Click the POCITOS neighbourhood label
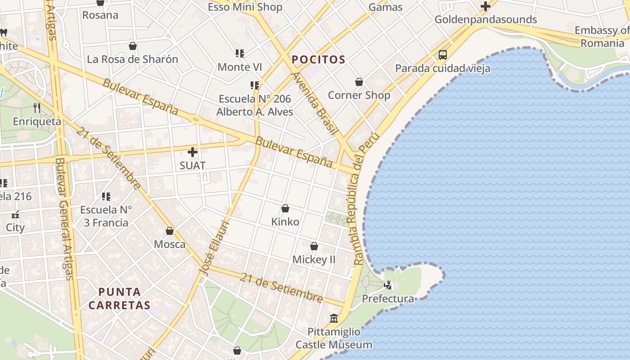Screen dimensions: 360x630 318,59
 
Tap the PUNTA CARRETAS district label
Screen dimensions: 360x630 119,298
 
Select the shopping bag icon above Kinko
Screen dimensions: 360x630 285,208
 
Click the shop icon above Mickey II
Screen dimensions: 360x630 314,246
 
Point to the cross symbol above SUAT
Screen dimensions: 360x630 193,152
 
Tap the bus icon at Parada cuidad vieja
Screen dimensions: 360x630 443,55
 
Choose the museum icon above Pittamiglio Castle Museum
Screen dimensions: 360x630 334,318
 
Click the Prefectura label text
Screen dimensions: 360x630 388,299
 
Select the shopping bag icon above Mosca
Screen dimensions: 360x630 170,231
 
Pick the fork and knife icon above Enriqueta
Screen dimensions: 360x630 37,108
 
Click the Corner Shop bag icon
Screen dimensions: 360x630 359,82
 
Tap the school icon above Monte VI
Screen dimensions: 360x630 240,54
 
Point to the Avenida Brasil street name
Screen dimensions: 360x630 315,103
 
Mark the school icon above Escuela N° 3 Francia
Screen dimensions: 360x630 106,196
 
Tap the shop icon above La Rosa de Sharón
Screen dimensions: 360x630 133,46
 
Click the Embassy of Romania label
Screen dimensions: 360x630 602,37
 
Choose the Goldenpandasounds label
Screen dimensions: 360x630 486,19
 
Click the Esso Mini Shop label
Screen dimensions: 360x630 245,7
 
